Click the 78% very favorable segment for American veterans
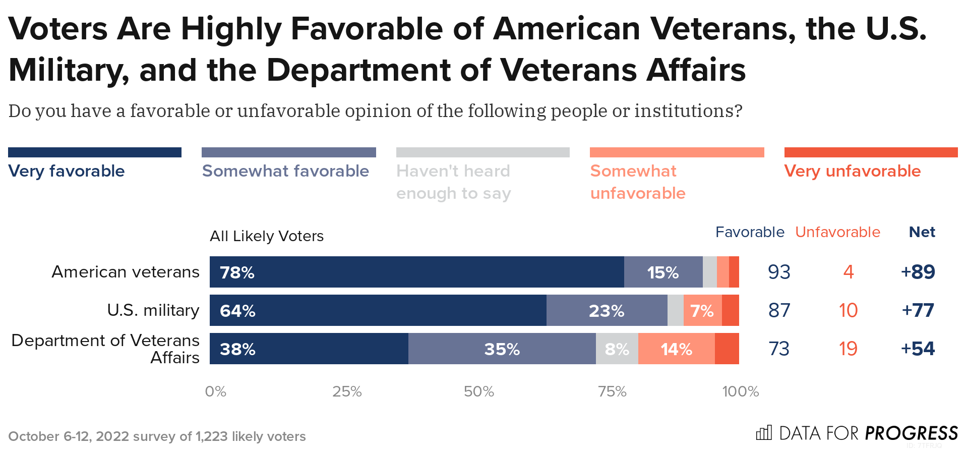pyautogui.click(x=416, y=272)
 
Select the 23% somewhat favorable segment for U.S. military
pyautogui.click(x=607, y=310)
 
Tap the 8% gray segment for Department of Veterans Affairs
pyautogui.click(x=617, y=349)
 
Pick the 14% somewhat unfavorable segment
pyautogui.click(x=676, y=349)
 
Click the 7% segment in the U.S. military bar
pyautogui.click(x=702, y=310)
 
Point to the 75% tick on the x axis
pyautogui.click(x=612, y=391)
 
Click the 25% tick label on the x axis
pyautogui.click(x=347, y=391)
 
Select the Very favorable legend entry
pyautogui.click(x=67, y=171)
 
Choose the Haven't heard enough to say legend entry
pyautogui.click(x=453, y=182)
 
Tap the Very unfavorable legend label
pyautogui.click(x=852, y=171)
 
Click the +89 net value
pyautogui.click(x=918, y=272)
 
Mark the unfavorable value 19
pyautogui.click(x=848, y=349)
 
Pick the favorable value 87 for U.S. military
pyautogui.click(x=779, y=310)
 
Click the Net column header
pyautogui.click(x=922, y=232)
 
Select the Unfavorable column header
pyautogui.click(x=837, y=232)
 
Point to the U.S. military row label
pyautogui.click(x=153, y=310)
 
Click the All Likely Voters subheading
pyautogui.click(x=266, y=236)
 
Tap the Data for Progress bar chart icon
pyautogui.click(x=763, y=433)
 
